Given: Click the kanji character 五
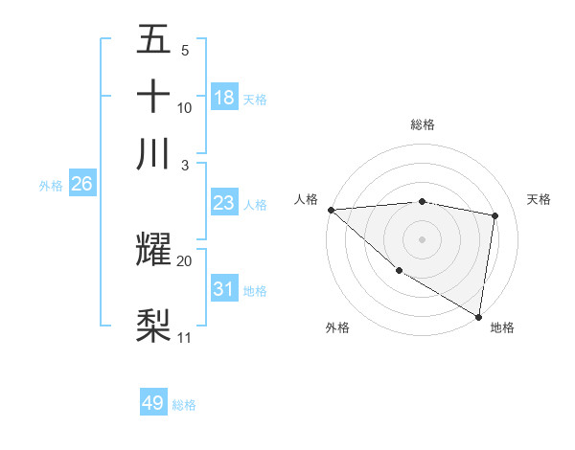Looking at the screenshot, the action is click(153, 39).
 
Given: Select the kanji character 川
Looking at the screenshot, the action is click(153, 153).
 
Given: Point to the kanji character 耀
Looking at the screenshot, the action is click(153, 249).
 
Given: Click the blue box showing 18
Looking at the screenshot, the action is click(224, 97).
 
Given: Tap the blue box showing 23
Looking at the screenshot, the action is click(224, 203).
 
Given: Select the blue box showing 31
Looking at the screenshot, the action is click(224, 288).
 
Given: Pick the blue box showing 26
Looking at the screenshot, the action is click(81, 185).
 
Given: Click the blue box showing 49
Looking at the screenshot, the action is click(153, 403).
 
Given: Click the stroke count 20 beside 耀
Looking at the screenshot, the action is click(184, 260).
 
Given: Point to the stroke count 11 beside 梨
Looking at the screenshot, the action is click(184, 337).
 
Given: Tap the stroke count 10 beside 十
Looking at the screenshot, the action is click(184, 107).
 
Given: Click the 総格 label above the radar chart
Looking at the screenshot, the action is click(422, 124).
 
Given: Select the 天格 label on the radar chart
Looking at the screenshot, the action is click(539, 199).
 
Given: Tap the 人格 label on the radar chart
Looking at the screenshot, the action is click(307, 199).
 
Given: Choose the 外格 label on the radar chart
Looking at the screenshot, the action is click(337, 327).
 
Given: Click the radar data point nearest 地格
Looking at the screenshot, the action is click(478, 316).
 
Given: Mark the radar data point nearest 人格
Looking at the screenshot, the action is click(331, 210).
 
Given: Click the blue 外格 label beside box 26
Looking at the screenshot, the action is click(51, 186).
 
